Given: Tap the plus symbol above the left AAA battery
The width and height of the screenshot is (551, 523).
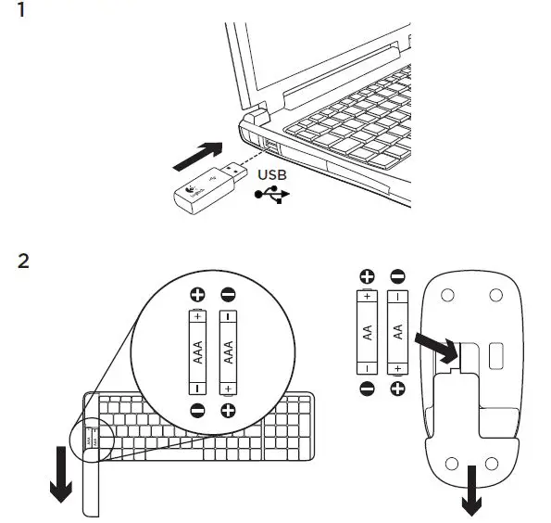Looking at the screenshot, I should (196, 296).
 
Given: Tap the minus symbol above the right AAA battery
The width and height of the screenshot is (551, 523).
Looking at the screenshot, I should (228, 296).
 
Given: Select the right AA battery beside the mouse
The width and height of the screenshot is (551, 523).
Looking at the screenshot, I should (397, 329).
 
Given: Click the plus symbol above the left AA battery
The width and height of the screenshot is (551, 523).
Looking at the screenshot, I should (366, 276).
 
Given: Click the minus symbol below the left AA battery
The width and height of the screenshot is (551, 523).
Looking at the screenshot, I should (366, 387).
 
